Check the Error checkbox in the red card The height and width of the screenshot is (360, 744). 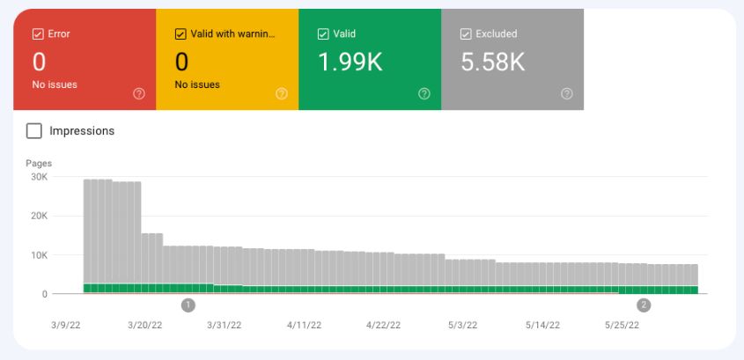38,34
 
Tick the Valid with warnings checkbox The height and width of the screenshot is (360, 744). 180,34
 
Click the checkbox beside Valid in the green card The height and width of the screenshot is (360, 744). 323,34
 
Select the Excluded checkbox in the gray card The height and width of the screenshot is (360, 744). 466,34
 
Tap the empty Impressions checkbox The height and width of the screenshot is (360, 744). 34,131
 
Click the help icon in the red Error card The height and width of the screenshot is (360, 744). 138,93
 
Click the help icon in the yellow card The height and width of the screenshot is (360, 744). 281,93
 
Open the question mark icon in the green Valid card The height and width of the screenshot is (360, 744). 424,93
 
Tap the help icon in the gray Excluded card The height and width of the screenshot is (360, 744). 566,93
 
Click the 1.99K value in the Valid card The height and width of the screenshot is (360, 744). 351,62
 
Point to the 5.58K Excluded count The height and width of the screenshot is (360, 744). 493,62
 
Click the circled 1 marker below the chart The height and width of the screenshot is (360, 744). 188,305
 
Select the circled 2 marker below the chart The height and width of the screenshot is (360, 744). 644,305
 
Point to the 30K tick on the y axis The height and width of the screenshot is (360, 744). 39,177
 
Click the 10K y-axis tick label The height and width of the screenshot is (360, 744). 39,255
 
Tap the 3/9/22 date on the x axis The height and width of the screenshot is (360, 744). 65,326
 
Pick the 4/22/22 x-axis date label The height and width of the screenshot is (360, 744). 383,326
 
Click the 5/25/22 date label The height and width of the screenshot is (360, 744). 622,326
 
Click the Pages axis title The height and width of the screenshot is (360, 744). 39,163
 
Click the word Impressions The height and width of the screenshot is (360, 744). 82,131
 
